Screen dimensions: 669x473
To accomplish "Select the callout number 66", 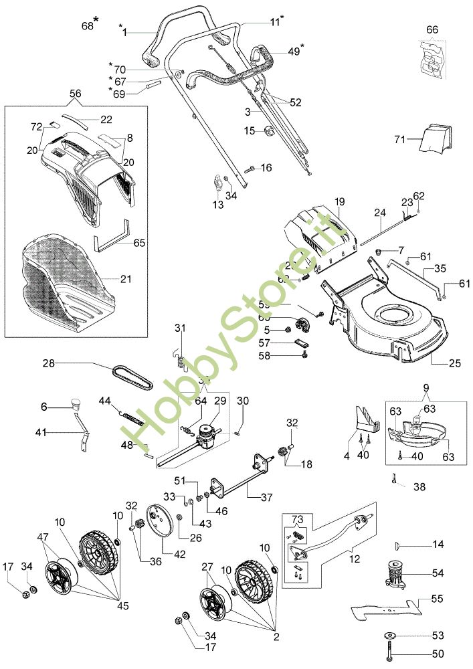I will pyautogui.click(x=432, y=29).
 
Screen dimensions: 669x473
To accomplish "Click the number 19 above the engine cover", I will pyautogui.click(x=339, y=201).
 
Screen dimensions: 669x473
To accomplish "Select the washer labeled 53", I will pyautogui.click(x=389, y=634).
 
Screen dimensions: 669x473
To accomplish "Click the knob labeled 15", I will pyautogui.click(x=268, y=130).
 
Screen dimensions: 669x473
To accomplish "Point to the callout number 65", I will pyautogui.click(x=139, y=242).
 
